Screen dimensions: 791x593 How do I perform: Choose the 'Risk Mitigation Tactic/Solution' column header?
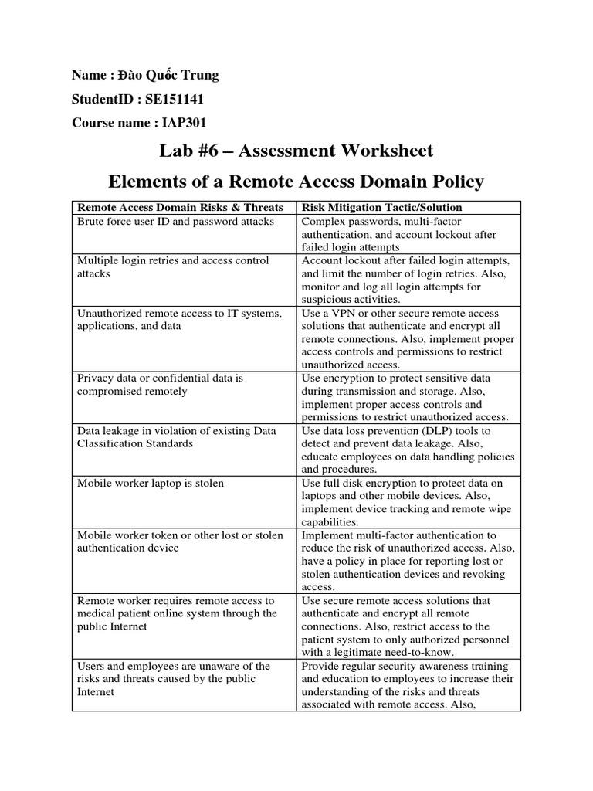[381, 207]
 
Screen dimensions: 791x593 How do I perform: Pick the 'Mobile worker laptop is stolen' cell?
[151, 483]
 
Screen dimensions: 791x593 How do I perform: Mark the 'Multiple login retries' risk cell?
[173, 267]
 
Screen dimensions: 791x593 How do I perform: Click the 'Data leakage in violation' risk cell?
[177, 437]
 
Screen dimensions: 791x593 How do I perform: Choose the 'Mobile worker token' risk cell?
[180, 541]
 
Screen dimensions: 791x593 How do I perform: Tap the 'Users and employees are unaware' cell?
[173, 679]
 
